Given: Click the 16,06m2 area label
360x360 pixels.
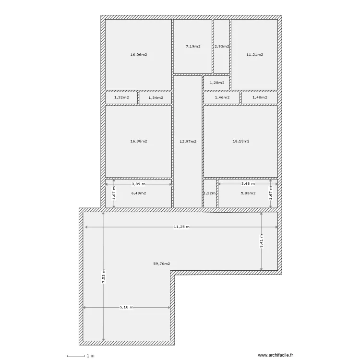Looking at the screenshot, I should point(138,54).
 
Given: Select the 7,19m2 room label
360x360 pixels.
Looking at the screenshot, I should point(192,47).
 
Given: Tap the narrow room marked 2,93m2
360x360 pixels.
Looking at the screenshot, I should point(221,47).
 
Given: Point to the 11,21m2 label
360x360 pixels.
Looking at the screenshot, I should point(254,54).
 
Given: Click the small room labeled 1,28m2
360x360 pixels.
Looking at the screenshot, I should point(217,83).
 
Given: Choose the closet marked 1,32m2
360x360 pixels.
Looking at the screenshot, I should point(121,97).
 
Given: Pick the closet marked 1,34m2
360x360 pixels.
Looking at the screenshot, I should point(156,97).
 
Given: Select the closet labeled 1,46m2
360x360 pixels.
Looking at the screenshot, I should point(221,97).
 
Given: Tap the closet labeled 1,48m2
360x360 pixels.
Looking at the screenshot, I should point(259,97).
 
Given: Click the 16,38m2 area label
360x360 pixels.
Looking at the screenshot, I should point(138,141).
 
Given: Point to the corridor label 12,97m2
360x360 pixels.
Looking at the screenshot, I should point(188,141).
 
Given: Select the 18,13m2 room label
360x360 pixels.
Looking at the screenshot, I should point(240,141).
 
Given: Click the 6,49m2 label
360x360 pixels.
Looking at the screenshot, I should point(138,193).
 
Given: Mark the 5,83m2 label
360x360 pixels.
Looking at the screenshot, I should point(248,193).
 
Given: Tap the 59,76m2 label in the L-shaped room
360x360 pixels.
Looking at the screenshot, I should point(162,264).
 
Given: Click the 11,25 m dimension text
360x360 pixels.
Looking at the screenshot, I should point(181,227).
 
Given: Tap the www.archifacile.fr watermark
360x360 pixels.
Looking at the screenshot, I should point(278,356).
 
